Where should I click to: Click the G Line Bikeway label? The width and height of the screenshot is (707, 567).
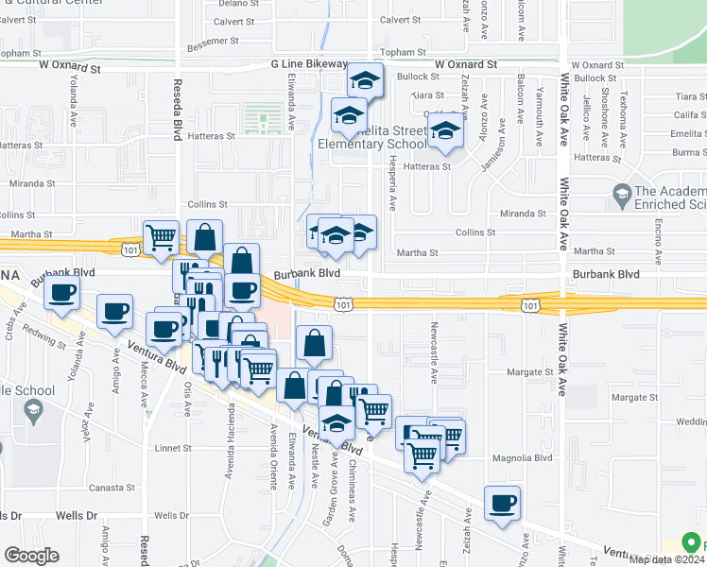click(x=309, y=64)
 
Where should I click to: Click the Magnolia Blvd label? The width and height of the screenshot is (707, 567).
click(x=523, y=458)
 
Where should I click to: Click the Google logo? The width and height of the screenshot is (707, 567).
click(x=32, y=555)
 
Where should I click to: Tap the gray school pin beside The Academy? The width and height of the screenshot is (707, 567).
click(x=622, y=197)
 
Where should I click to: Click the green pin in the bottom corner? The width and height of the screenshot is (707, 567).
click(x=692, y=544)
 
